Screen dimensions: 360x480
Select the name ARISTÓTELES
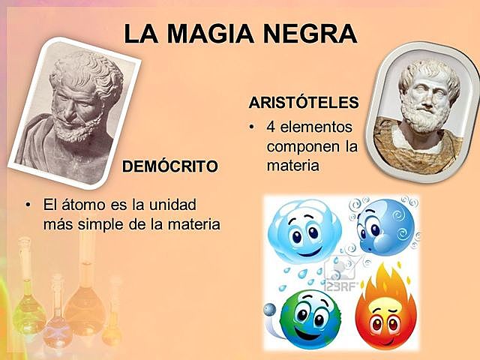point(303,102)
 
